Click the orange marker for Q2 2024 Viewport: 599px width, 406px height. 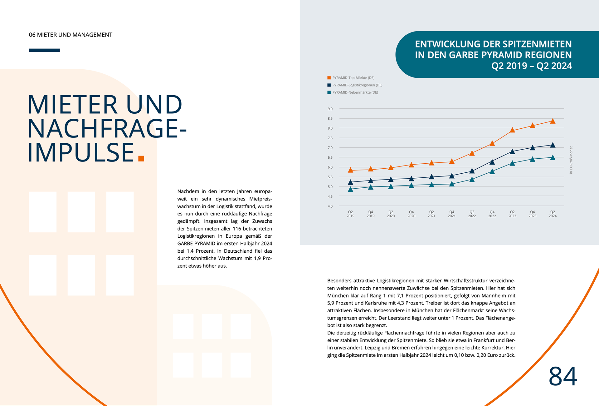(553, 121)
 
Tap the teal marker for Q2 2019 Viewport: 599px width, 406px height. (350, 189)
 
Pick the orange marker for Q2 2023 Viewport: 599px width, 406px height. (512, 130)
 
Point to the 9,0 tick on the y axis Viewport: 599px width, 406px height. (330, 109)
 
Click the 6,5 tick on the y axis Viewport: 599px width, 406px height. (330, 158)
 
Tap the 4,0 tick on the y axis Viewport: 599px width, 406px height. (330, 206)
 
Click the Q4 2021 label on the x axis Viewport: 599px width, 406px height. (451, 214)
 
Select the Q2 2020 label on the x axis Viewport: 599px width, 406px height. (391, 214)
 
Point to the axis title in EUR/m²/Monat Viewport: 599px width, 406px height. (571, 160)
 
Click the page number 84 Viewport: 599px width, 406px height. (563, 377)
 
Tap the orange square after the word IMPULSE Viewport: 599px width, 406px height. (141, 158)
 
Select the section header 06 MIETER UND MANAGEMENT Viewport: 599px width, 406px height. (71, 35)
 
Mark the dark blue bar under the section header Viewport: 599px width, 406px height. (44, 50)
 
